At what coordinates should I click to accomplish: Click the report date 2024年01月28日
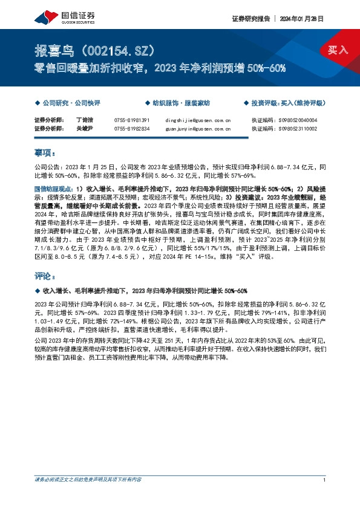click(301, 19)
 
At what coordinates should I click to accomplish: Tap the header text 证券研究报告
click(250, 19)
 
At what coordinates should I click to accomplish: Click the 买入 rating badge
click(337, 50)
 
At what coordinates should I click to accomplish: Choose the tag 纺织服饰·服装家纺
click(175, 103)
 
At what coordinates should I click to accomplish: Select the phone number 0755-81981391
click(131, 120)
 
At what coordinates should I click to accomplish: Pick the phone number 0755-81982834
click(131, 129)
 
